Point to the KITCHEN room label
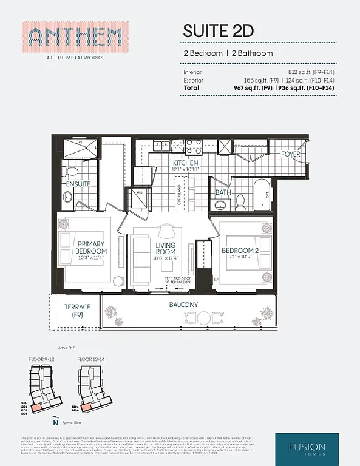[185, 164]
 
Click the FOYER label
[290, 154]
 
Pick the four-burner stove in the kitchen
[194, 146]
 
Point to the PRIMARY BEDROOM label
[91, 248]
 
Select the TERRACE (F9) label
[77, 311]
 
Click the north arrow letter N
[55, 422]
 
